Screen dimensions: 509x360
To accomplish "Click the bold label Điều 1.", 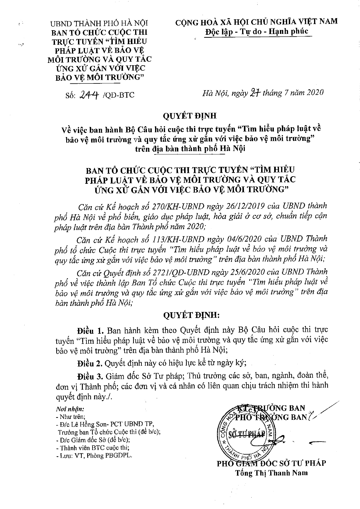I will (90, 329).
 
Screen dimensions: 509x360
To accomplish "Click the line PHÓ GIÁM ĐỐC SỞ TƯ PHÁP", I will (271, 463).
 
